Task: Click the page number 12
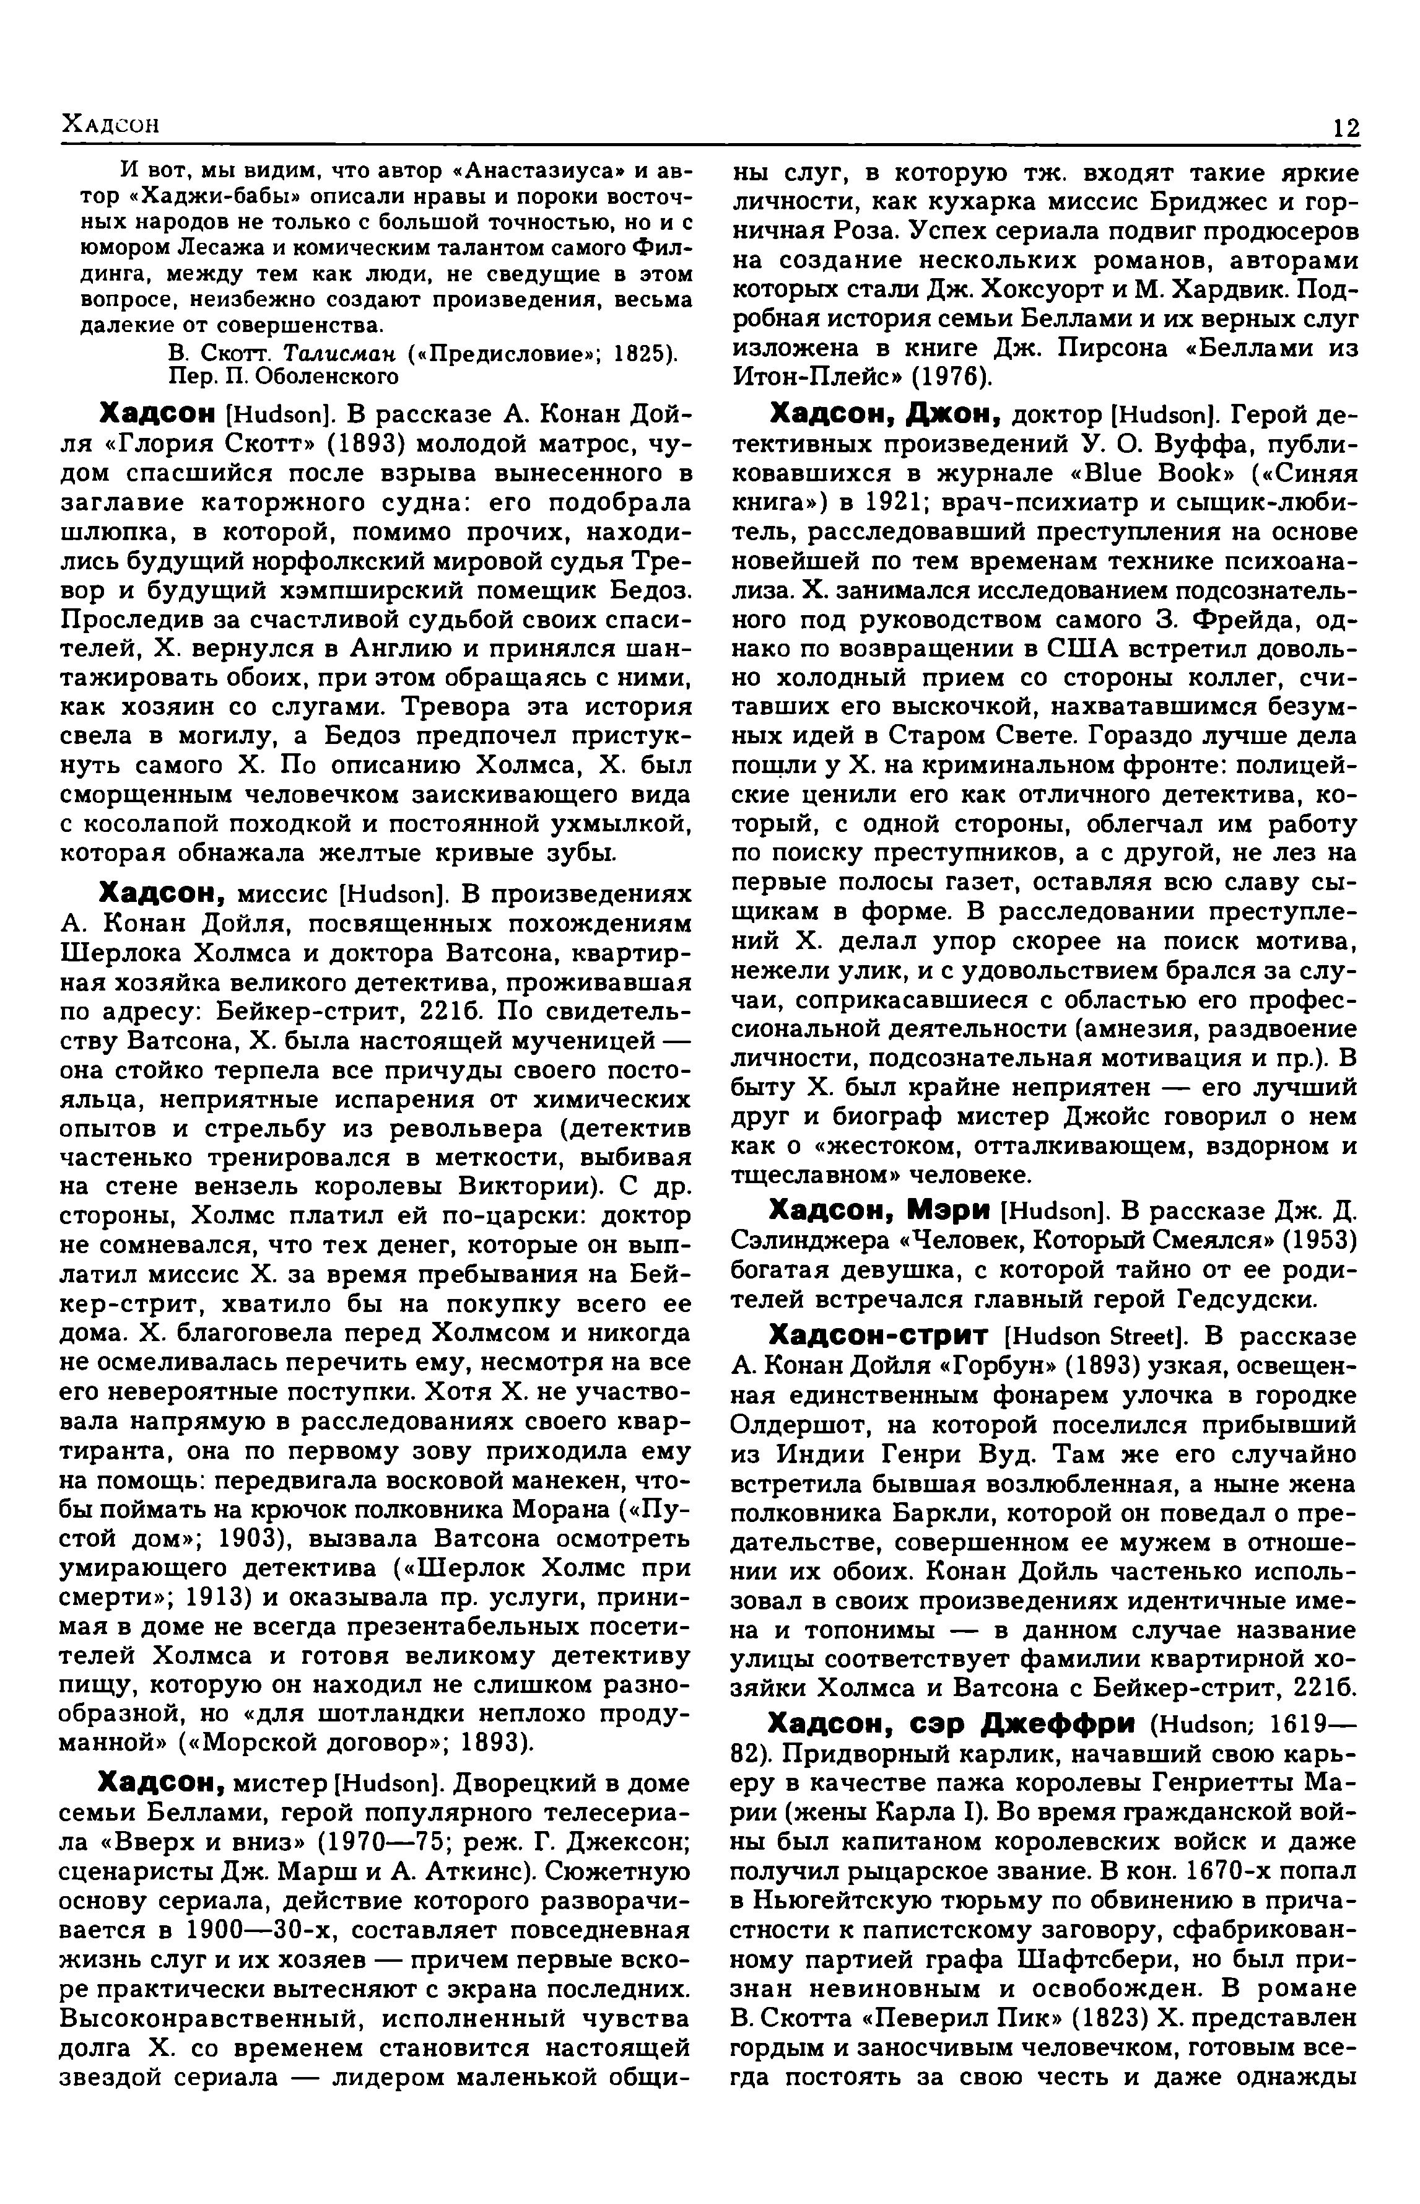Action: click(x=1345, y=127)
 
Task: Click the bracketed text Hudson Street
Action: click(x=1095, y=1338)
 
